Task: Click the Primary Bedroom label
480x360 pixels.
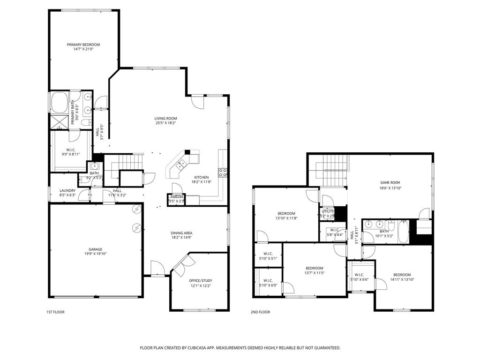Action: pos(83,45)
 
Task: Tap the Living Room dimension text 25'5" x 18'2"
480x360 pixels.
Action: pos(166,123)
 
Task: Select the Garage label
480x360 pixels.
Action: pos(96,249)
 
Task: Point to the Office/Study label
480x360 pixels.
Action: pos(201,280)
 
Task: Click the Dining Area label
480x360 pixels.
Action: pos(181,233)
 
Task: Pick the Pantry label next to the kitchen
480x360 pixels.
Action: pos(177,197)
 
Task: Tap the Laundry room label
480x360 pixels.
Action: pos(67,190)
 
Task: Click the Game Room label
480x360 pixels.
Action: pos(390,182)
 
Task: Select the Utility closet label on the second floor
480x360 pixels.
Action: pos(327,211)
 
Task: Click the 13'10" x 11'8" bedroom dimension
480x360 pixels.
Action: pos(286,218)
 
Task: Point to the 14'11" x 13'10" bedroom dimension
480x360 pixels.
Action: pos(402,279)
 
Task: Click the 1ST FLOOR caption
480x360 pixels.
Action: pos(55,312)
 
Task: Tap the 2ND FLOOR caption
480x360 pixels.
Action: pos(261,312)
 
